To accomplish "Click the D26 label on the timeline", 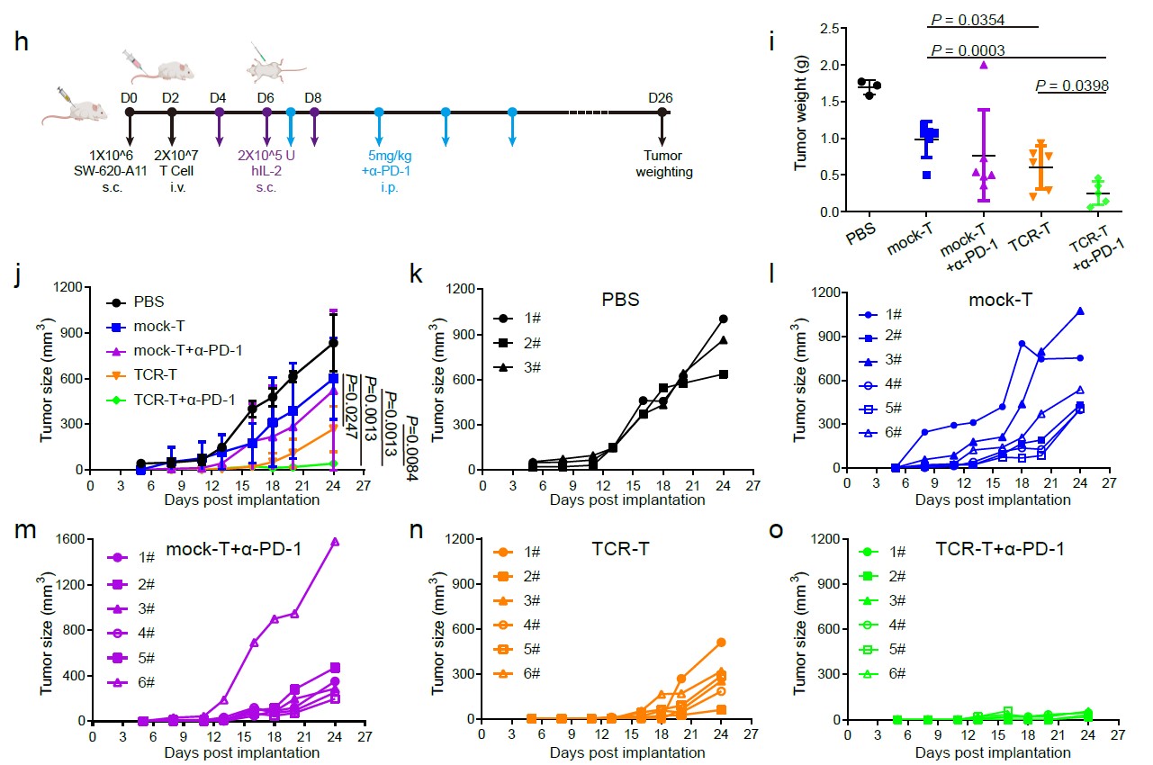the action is pyautogui.click(x=661, y=98).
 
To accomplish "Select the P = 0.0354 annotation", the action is pyautogui.click(x=968, y=20).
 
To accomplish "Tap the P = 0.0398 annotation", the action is pyautogui.click(x=1072, y=85).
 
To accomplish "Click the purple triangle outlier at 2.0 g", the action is pyautogui.click(x=984, y=65).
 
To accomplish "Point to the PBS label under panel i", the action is pyautogui.click(x=860, y=234).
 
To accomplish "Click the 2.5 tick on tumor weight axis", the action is pyautogui.click(x=829, y=28).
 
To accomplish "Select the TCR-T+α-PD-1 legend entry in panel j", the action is pyautogui.click(x=171, y=400).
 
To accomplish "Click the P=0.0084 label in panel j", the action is pyautogui.click(x=412, y=448).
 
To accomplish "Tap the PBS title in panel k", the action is pyautogui.click(x=620, y=299).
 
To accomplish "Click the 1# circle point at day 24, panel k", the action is pyautogui.click(x=723, y=319).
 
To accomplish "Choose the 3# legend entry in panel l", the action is pyautogui.click(x=880, y=359).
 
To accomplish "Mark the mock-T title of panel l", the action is pyautogui.click(x=1000, y=300).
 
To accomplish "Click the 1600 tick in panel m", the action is pyautogui.click(x=70, y=539).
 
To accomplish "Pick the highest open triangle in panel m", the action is pyautogui.click(x=335, y=542).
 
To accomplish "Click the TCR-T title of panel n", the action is pyautogui.click(x=620, y=549).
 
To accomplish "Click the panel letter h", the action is pyautogui.click(x=21, y=41).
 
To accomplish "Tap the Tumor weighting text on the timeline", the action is pyautogui.click(x=664, y=164).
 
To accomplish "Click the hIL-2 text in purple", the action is pyautogui.click(x=266, y=171).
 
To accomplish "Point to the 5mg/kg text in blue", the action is pyautogui.click(x=390, y=156).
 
